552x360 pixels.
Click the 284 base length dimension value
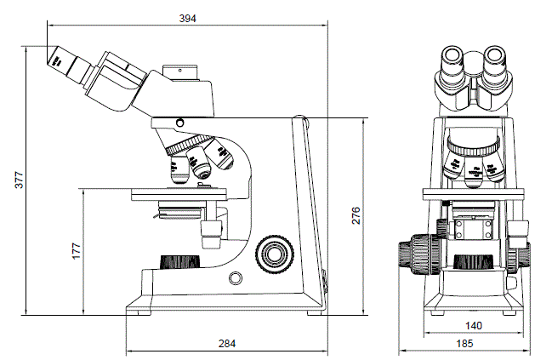coord(227,343)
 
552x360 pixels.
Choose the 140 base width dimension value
coord(474,325)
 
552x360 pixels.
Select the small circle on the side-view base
coord(236,277)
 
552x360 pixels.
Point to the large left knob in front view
coord(416,254)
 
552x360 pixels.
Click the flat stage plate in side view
coord(179,195)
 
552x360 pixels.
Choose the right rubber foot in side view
coord(313,311)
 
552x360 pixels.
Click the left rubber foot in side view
coord(139,311)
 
